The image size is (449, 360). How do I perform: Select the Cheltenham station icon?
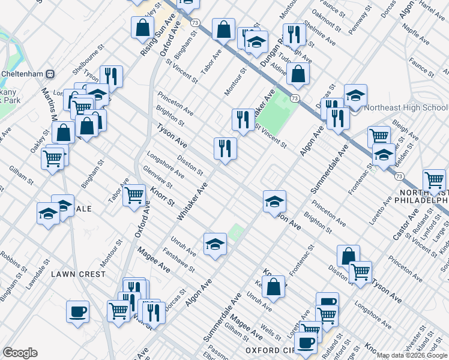pos(50,74)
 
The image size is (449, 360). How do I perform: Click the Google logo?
pos(20,353)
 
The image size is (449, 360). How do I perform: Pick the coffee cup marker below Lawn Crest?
pos(78,312)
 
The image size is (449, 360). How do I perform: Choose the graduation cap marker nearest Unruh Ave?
pos(215,244)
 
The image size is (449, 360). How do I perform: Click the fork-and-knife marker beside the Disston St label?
pos(226,148)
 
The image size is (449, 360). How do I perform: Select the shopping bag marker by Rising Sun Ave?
pos(143,26)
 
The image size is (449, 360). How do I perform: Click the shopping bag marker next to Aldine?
pos(298,74)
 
